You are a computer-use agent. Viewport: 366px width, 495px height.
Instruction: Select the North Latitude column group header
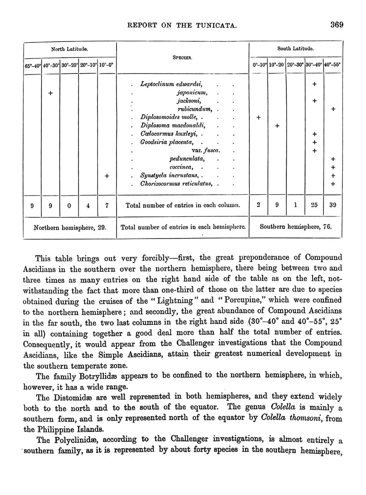[x=70, y=49]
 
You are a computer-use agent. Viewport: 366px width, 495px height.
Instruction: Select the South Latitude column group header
[x=296, y=48]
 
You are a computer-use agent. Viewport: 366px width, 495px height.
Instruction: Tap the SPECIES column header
[x=182, y=59]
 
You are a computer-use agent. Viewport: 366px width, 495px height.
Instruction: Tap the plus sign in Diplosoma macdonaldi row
[x=277, y=126]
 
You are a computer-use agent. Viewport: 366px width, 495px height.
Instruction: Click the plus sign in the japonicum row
[x=50, y=93]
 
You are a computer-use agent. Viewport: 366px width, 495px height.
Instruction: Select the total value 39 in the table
[x=333, y=206]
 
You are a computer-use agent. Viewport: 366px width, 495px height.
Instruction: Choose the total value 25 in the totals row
[x=314, y=206]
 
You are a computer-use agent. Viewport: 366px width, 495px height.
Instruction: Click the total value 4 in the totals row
[x=88, y=206]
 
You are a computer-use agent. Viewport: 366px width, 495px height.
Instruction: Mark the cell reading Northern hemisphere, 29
[x=70, y=226]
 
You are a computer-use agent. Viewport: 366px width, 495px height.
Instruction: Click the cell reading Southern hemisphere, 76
[x=296, y=226]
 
